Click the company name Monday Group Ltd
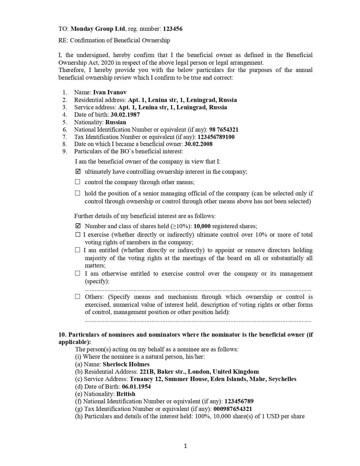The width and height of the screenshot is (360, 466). [98, 29]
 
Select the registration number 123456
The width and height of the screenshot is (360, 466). [173, 29]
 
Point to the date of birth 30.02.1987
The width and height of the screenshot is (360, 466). [125, 115]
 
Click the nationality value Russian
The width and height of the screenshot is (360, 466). [116, 122]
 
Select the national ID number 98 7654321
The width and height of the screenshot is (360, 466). [224, 130]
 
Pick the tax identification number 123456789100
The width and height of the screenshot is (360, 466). [216, 137]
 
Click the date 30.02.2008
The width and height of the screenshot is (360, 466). [198, 144]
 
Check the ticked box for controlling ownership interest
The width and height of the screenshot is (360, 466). [78, 171]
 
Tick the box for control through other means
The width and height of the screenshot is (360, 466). [78, 182]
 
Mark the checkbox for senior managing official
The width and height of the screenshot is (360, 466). [78, 193]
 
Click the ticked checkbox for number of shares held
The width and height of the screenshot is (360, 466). [78, 226]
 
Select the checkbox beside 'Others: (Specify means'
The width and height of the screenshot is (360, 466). [78, 297]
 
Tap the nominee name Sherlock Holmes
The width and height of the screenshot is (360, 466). [126, 364]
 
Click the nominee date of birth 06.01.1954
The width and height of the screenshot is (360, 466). [136, 387]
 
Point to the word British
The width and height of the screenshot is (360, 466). [126, 394]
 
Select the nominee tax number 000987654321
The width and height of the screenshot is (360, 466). [233, 409]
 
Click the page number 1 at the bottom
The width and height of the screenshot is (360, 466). [185, 446]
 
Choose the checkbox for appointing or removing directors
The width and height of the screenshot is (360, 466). [78, 250]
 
